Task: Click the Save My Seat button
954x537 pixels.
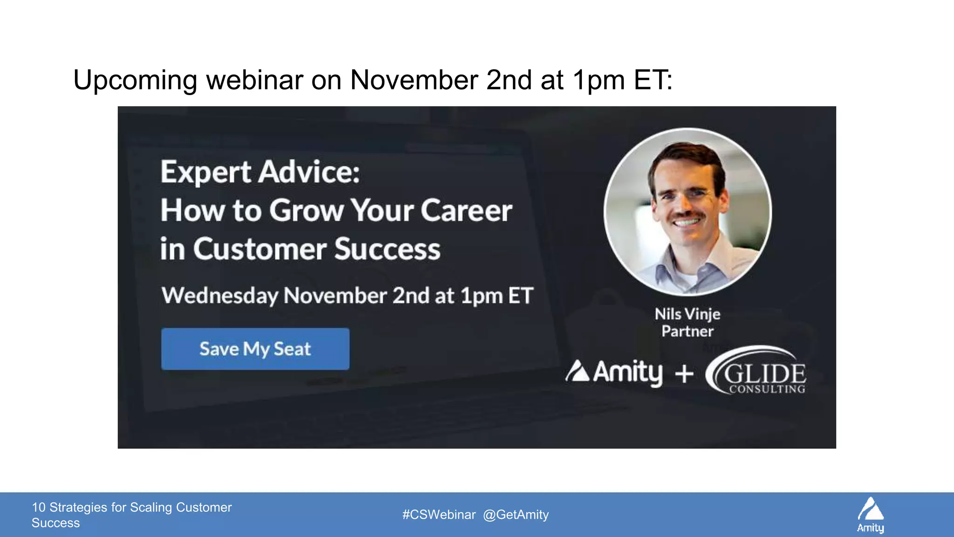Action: click(x=255, y=349)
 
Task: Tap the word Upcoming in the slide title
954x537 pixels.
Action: click(x=135, y=80)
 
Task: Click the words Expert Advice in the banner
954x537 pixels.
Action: click(x=260, y=172)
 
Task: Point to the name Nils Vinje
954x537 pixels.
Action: click(x=687, y=314)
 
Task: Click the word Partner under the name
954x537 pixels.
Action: click(x=687, y=331)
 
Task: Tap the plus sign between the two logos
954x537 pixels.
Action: click(x=684, y=373)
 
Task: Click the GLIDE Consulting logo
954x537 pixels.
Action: click(x=757, y=372)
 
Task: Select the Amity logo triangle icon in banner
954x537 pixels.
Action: click(x=578, y=371)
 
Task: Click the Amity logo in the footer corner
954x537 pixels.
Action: click(x=871, y=514)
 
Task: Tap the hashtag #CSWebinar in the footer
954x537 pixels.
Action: click(x=439, y=515)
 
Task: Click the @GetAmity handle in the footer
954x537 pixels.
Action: click(x=516, y=515)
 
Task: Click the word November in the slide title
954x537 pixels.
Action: click(x=414, y=80)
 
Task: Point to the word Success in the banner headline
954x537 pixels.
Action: click(x=387, y=249)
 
